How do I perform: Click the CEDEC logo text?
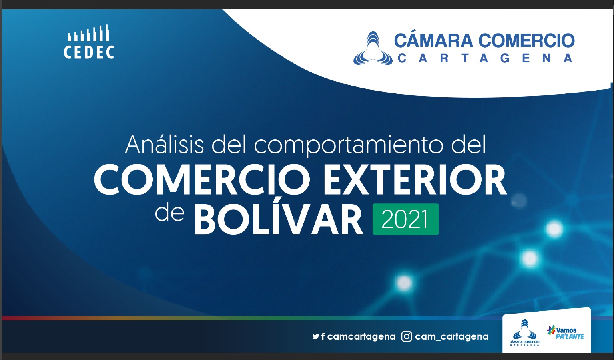tap(89, 52)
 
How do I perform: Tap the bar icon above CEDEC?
tap(88, 33)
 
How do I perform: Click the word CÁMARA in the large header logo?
tap(433, 40)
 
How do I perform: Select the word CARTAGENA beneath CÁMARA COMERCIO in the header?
tap(485, 58)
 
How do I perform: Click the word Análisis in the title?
tap(165, 145)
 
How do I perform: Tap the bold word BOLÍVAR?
tap(279, 219)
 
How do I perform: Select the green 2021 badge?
tap(406, 219)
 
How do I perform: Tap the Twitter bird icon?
tap(316, 336)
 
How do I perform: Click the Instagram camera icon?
tap(407, 336)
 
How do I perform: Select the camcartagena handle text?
tap(361, 337)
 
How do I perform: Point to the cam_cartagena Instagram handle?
tap(452, 337)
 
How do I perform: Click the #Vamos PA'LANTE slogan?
tap(566, 333)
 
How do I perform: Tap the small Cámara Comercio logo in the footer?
tap(524, 332)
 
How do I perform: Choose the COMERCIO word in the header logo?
tap(527, 40)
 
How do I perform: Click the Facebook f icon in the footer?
tap(323, 336)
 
